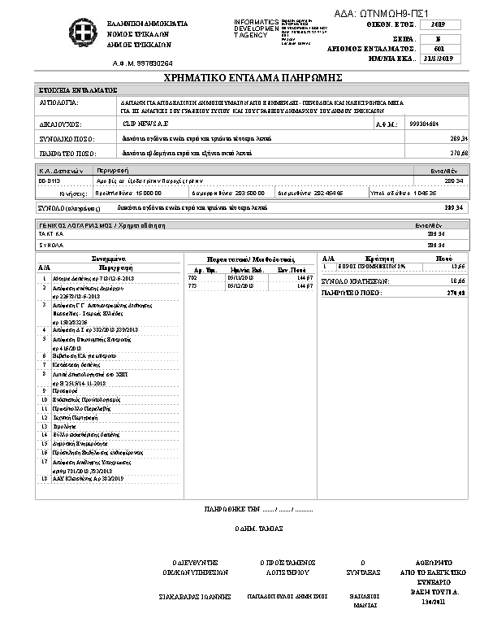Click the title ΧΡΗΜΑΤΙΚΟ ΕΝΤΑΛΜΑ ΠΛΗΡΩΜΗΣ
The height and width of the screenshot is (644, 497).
(x=248, y=77)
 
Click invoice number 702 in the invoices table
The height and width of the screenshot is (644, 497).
(x=192, y=277)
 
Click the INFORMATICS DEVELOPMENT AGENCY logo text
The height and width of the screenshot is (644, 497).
(x=255, y=28)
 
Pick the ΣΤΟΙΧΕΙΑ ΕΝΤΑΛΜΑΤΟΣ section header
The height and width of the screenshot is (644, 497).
(x=79, y=89)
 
